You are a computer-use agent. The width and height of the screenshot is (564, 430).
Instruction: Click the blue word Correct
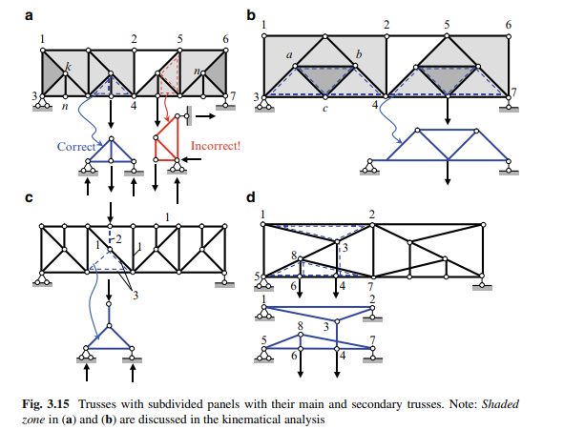(76, 147)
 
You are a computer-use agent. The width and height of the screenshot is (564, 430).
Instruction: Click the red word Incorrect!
(216, 146)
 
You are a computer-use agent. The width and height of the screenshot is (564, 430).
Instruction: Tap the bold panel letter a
(29, 16)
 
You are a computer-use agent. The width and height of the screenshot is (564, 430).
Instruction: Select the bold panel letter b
(251, 15)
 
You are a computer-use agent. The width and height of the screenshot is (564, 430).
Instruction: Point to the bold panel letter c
(29, 198)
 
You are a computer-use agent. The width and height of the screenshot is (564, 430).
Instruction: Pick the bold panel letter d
(251, 197)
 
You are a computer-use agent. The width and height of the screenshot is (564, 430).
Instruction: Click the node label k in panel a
(68, 67)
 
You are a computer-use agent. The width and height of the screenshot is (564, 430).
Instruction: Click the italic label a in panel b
(289, 55)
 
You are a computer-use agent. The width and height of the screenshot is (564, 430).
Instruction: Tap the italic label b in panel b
(359, 54)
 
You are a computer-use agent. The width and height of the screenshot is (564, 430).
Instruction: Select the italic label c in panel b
(325, 108)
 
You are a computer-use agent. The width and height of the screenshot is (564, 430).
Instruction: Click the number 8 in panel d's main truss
(294, 256)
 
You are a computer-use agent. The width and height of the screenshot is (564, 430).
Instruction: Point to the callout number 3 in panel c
(136, 296)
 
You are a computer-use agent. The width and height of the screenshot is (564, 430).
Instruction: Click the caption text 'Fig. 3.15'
(46, 404)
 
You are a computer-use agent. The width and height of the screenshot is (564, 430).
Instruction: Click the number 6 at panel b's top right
(509, 25)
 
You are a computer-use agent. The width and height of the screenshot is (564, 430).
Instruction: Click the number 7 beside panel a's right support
(233, 96)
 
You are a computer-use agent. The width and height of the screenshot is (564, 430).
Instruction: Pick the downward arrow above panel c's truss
(111, 213)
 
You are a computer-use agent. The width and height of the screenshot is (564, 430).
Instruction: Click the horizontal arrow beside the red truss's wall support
(205, 116)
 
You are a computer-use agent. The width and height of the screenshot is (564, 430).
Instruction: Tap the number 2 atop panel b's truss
(386, 25)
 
